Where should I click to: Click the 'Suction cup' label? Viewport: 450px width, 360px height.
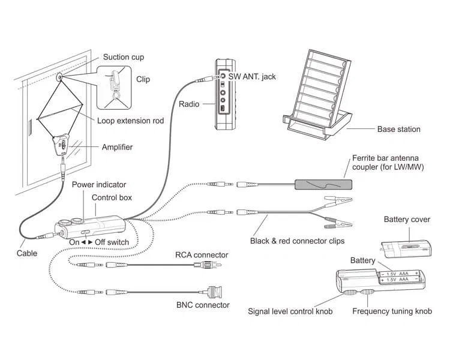coord(123,57)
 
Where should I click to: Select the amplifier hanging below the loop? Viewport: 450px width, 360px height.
coord(62,145)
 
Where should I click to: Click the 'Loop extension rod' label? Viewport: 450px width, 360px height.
coord(130,121)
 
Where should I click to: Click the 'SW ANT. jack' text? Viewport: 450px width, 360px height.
coord(253,77)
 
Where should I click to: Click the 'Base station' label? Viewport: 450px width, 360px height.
coord(398,129)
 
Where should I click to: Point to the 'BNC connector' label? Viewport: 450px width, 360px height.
coord(203,305)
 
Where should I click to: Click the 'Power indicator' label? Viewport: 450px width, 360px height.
coord(99,185)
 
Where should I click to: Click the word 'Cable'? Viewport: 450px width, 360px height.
coord(26,253)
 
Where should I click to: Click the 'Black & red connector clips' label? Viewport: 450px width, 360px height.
coord(297,241)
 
